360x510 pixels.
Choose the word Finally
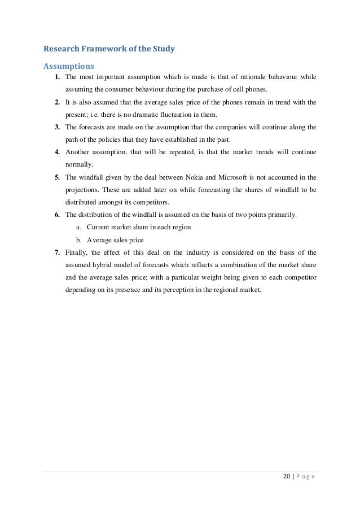pyautogui.click(x=77, y=252)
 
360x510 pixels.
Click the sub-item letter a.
pyautogui.click(x=78, y=227)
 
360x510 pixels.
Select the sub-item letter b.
pyautogui.click(x=78, y=239)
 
